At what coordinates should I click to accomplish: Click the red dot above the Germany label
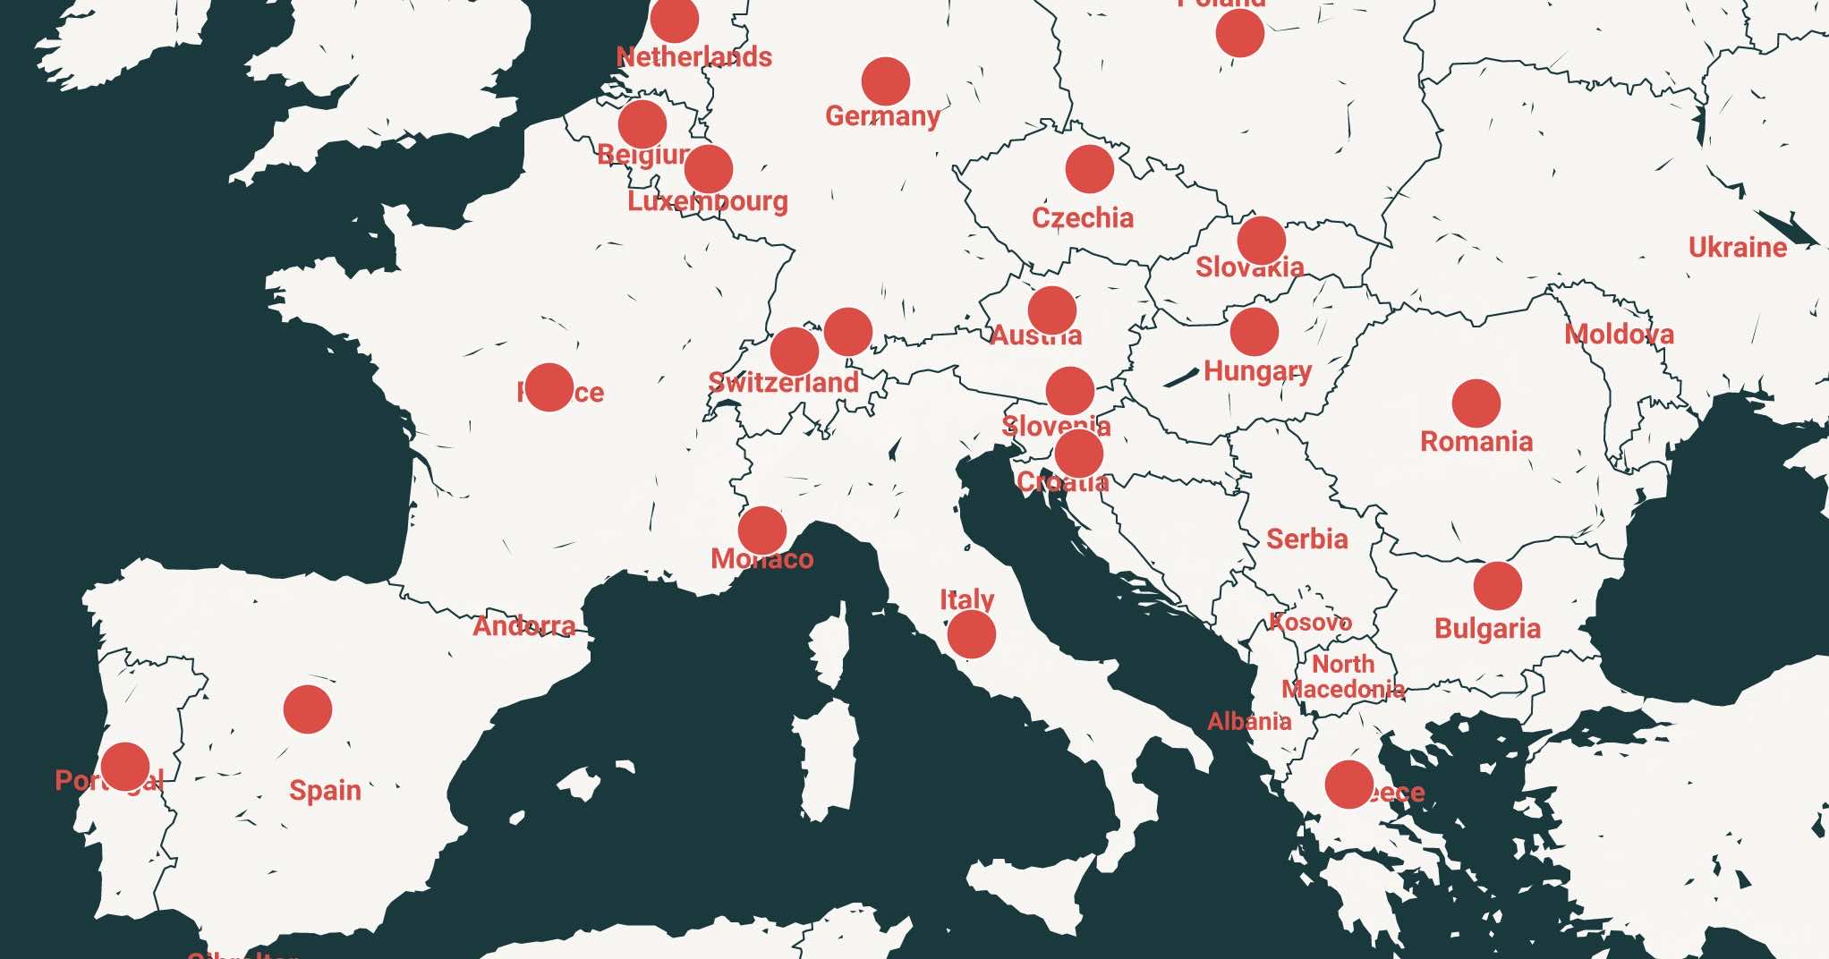(x=885, y=81)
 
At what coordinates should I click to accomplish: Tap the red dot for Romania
(x=1476, y=403)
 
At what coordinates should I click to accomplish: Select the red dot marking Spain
(x=307, y=709)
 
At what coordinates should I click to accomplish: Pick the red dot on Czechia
(x=1089, y=169)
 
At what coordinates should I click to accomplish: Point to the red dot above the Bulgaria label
(x=1497, y=586)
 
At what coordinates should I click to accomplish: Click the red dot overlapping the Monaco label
(x=761, y=530)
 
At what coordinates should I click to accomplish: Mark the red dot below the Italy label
(x=971, y=634)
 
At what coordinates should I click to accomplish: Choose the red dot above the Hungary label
(x=1254, y=332)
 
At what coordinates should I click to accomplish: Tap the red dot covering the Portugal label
(x=124, y=767)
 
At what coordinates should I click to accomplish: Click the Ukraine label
(x=1737, y=247)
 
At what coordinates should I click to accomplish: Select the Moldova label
(x=1619, y=335)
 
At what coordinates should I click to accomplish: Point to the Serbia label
(x=1306, y=539)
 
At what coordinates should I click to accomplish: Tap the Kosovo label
(x=1310, y=622)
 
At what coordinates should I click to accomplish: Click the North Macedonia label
(x=1343, y=676)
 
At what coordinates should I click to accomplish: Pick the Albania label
(x=1249, y=721)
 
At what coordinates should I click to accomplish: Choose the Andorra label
(x=523, y=625)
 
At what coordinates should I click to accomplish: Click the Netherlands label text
(x=694, y=57)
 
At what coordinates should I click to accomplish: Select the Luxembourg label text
(x=707, y=201)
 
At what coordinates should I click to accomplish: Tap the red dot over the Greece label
(x=1348, y=785)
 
